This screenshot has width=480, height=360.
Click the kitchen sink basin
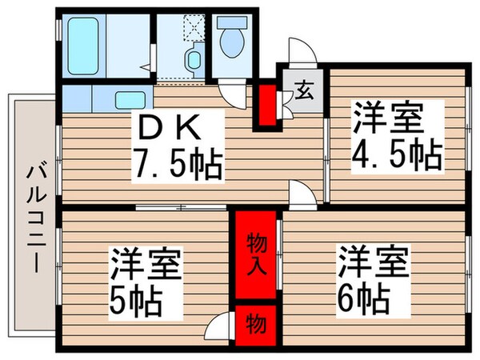tap(129, 101)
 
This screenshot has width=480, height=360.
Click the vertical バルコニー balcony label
tap(34, 216)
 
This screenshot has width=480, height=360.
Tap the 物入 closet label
tap(255, 254)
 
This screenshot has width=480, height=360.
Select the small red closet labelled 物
tap(255, 324)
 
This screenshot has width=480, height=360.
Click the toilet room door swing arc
tap(232, 94)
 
